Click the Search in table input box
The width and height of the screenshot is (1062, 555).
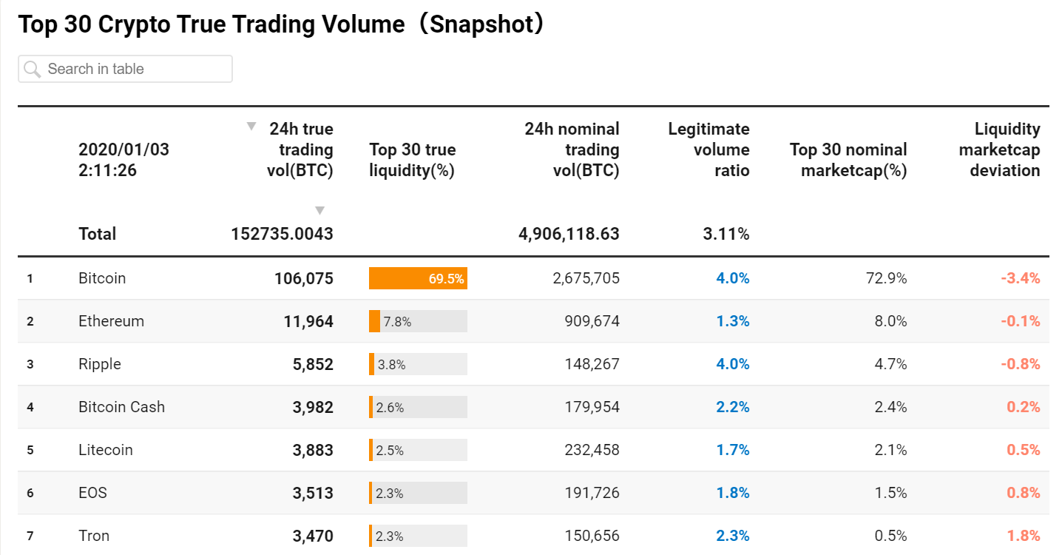125,69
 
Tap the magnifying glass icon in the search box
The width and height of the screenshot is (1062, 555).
33,70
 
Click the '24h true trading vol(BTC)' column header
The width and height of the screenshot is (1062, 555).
300,149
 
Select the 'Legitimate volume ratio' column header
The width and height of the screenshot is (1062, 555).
708,149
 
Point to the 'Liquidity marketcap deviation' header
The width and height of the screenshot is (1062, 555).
999,149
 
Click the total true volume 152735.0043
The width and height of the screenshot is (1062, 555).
282,234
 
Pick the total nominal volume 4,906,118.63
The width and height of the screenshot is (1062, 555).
569,234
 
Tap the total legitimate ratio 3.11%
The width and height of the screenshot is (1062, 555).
726,234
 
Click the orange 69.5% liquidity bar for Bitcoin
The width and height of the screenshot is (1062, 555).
418,278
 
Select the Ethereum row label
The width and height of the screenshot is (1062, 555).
111,321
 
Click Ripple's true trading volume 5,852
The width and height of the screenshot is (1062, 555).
313,364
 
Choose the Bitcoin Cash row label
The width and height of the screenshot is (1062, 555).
121,407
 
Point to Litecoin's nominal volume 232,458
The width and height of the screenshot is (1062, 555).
592,450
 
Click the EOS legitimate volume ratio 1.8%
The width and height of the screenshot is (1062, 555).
732,493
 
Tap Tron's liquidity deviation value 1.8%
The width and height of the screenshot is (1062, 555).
1024,536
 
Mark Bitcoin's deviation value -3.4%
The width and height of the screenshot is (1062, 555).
1021,278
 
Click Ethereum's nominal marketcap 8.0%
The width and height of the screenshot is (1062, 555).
890,321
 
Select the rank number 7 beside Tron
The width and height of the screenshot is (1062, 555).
30,536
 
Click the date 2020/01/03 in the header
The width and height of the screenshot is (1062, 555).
124,149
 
